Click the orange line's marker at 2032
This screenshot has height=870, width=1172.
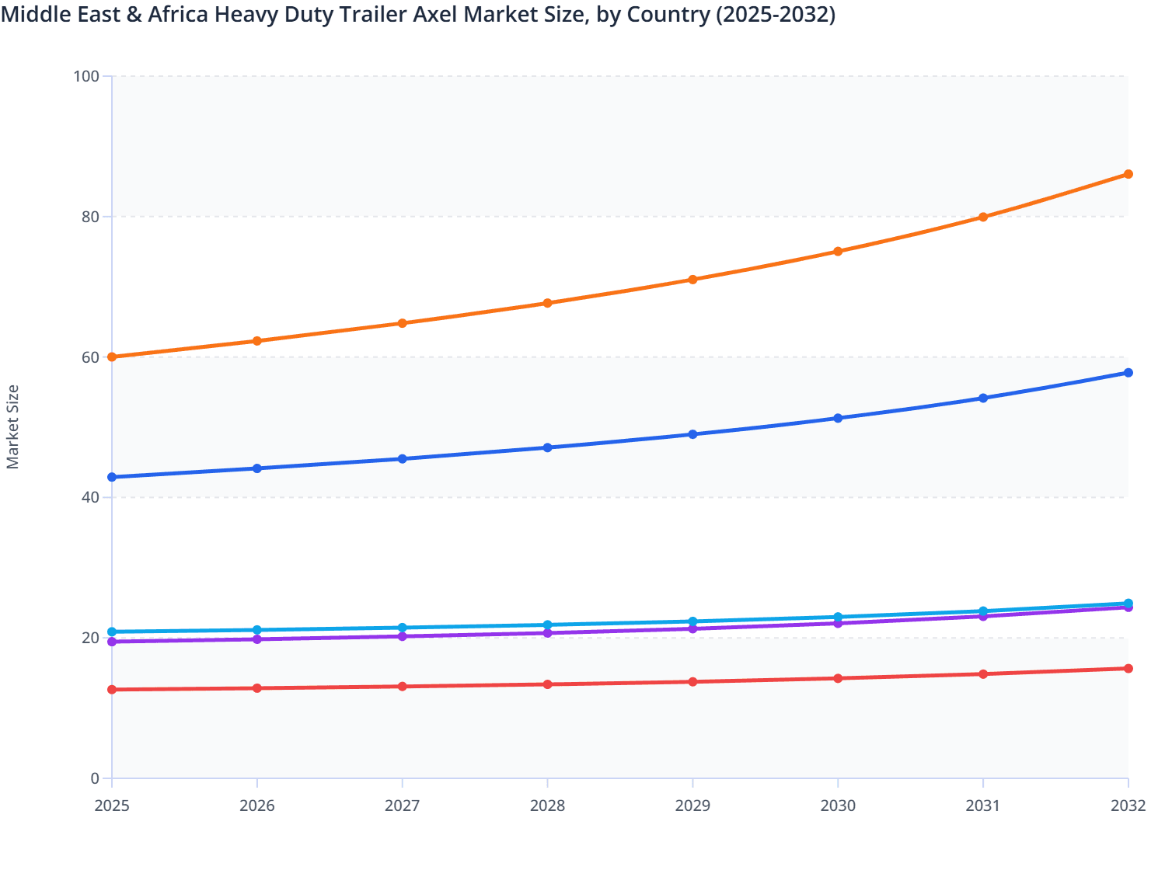[1128, 174]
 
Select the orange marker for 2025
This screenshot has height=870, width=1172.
[112, 357]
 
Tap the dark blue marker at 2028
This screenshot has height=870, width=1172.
[547, 447]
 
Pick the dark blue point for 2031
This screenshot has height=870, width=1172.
[983, 398]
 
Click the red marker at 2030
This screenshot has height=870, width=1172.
[838, 678]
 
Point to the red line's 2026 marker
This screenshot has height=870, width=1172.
[257, 688]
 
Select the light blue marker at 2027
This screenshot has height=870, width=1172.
[403, 628]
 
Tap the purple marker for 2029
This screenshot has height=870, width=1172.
[692, 628]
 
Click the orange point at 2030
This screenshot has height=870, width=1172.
[838, 252]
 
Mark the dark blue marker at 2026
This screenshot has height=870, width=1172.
[257, 468]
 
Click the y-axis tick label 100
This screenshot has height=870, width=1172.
[86, 76]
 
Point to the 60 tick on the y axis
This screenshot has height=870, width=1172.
[90, 357]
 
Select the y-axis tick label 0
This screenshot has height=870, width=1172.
[95, 778]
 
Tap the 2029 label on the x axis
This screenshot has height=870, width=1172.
[692, 806]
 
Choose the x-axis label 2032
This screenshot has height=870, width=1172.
[1128, 806]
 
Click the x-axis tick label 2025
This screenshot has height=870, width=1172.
[112, 806]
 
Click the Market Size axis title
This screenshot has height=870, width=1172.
[12, 427]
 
